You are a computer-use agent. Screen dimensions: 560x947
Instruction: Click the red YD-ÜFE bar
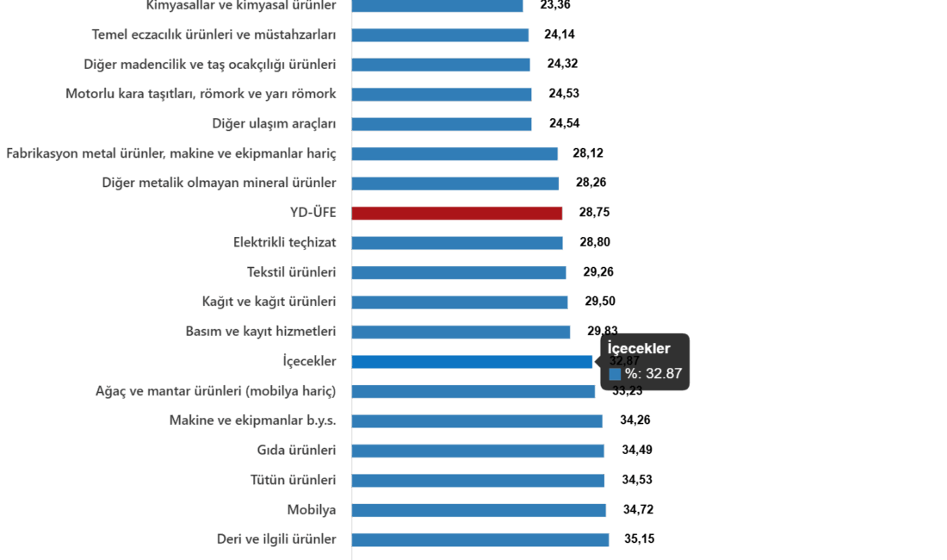coord(457,213)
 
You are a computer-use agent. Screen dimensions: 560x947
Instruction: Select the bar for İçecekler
coord(472,362)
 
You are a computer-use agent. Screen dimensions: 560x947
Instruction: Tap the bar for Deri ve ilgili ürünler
coord(480,539)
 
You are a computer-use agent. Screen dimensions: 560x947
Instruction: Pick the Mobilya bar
coord(479,510)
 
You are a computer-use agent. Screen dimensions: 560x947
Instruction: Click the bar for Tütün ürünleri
coord(478,480)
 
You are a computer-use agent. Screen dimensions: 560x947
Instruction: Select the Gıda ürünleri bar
coord(478,451)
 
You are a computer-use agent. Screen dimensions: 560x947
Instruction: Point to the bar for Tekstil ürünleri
coord(459,272)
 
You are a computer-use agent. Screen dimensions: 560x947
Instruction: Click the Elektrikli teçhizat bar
coord(457,243)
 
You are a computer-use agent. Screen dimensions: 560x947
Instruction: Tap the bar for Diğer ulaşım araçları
coord(442,124)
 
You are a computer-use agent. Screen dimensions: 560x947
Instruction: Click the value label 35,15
coord(639,539)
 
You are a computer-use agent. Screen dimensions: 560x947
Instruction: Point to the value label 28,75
coord(594,213)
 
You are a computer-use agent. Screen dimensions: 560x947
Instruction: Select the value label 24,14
coord(560,35)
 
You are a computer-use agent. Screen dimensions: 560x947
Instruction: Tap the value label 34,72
coord(638,510)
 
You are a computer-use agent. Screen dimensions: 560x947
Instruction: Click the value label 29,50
coord(599,302)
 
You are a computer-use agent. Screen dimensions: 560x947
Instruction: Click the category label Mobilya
coord(312,510)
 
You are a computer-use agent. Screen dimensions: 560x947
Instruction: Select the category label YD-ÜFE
coord(313,213)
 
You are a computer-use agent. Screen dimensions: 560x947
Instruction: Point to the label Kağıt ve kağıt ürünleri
coord(269,302)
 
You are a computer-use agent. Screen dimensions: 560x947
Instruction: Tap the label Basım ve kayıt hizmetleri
coord(261,332)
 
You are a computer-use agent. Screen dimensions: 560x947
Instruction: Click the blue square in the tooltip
coord(615,374)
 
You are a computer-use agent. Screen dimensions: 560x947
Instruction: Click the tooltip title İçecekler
coord(639,348)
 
